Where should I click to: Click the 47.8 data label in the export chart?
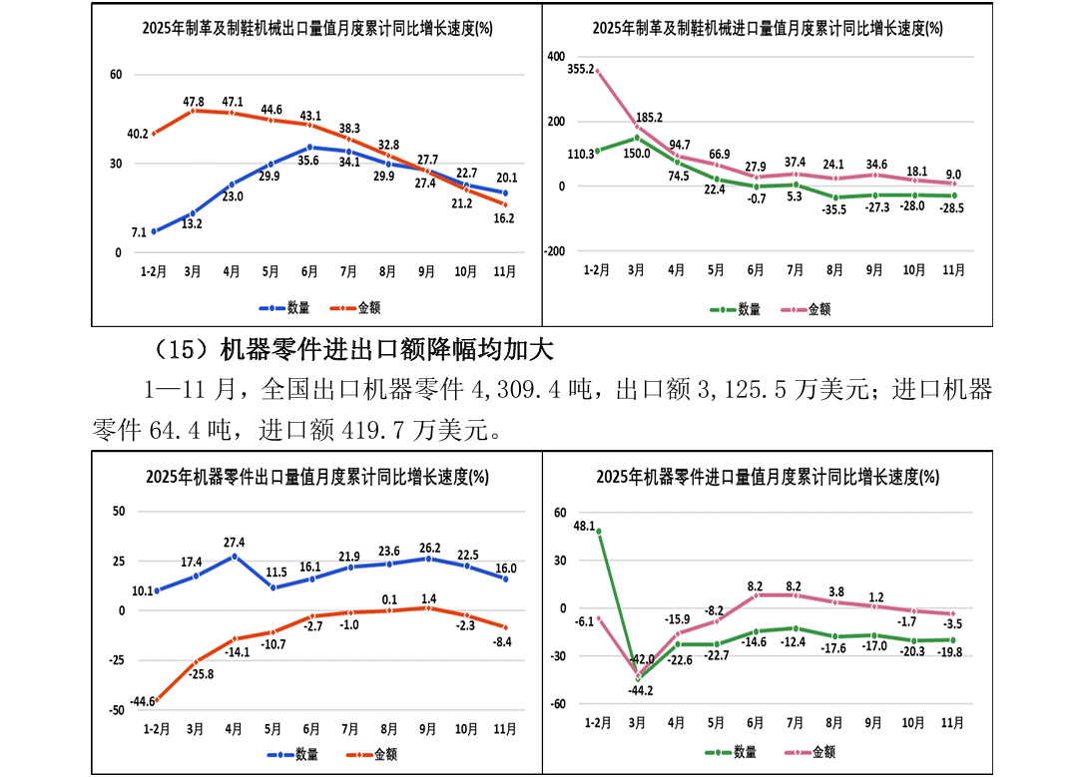click(194, 102)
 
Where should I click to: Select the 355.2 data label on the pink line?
click(580, 69)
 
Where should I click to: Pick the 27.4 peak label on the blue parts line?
click(234, 543)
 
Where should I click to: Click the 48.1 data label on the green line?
click(584, 525)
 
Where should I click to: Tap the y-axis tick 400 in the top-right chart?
click(556, 57)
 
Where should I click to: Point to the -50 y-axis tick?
click(119, 710)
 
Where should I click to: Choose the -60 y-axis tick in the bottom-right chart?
click(557, 704)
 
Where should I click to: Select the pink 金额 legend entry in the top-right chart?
click(809, 309)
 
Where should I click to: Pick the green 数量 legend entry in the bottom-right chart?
click(734, 752)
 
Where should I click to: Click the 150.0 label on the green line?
click(638, 154)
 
